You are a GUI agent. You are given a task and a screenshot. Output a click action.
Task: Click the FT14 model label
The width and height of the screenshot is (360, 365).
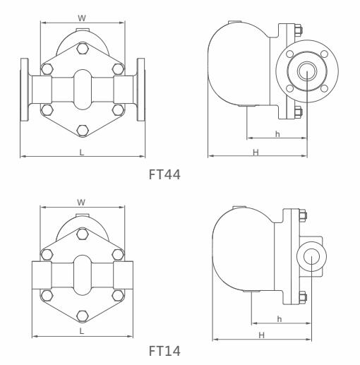tap(165, 350)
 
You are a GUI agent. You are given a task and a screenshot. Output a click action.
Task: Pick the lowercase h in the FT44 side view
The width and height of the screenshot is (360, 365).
tap(277, 133)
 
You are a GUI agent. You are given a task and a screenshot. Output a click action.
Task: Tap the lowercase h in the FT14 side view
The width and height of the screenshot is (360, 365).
tap(280, 318)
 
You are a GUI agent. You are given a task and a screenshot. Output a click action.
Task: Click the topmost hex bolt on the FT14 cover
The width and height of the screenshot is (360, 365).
tap(82, 232)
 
